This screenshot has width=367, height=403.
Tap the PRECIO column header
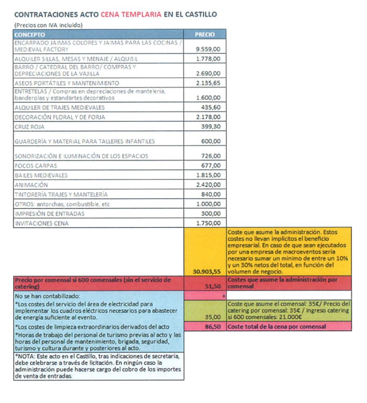[205, 35]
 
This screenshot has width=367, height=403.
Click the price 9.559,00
[208, 49]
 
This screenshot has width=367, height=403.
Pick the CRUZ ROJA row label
[29, 127]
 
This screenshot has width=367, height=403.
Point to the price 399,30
[211, 127]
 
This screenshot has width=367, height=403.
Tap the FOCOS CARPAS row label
[35, 166]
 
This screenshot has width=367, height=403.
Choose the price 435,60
[211, 107]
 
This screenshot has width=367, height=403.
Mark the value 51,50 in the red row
[214, 287]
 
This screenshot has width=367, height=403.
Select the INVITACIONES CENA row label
[42, 224]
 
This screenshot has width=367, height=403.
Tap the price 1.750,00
[208, 224]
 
